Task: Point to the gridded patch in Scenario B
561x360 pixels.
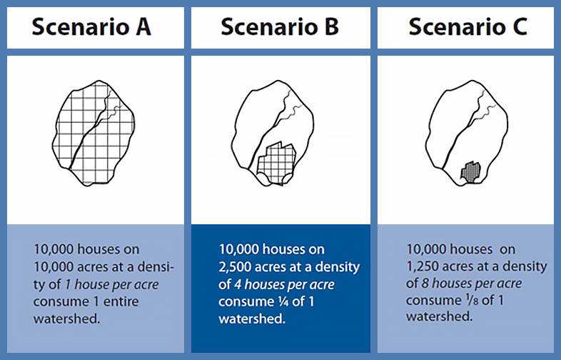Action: coord(276,164)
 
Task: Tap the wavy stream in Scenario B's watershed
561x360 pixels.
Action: coord(293,107)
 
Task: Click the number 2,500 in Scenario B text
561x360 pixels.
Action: coord(240,267)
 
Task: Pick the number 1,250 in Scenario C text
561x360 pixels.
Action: coord(425,266)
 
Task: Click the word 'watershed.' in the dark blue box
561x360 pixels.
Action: coord(253,319)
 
